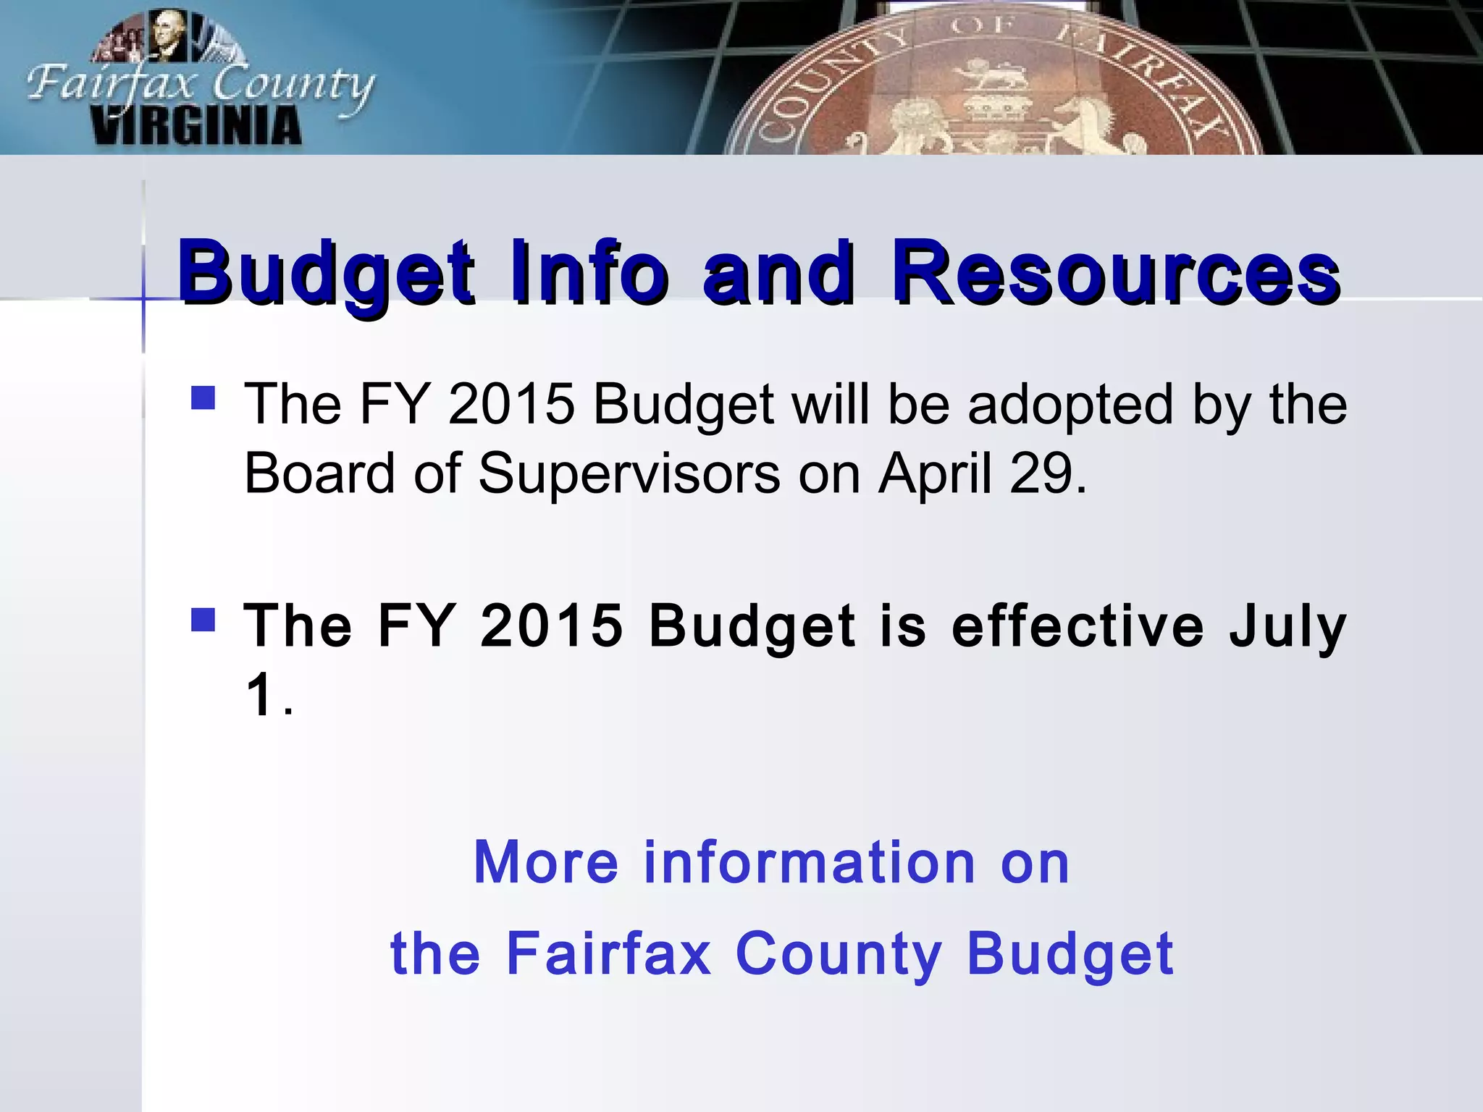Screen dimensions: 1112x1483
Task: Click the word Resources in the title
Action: pyautogui.click(x=1115, y=274)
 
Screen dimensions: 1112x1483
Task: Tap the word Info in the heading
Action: pyautogui.click(x=589, y=274)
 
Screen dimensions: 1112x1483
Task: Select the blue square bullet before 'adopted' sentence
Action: pyautogui.click(x=203, y=397)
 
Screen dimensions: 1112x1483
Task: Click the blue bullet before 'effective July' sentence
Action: pyautogui.click(x=203, y=619)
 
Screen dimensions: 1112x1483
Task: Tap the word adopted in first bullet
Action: pyautogui.click(x=1070, y=405)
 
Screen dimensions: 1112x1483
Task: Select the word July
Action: pyautogui.click(x=1287, y=627)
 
